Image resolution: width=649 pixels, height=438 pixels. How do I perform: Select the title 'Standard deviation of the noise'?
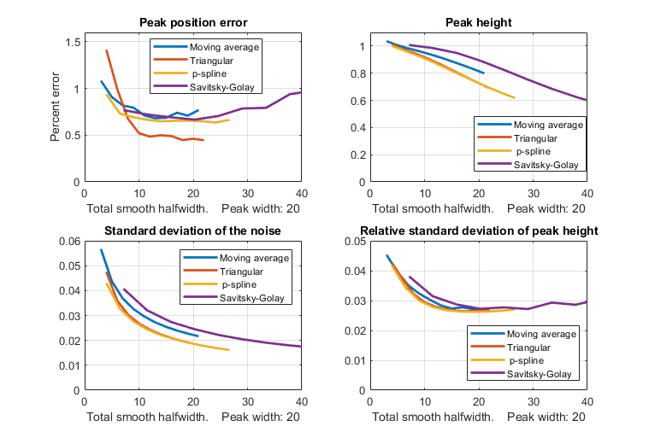[192, 231]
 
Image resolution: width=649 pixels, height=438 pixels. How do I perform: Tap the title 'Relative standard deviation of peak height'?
[478, 231]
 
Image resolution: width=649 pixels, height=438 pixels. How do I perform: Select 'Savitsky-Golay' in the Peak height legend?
[542, 164]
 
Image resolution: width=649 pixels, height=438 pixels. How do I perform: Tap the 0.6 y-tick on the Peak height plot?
[358, 100]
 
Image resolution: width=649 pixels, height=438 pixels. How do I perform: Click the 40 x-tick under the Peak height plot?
[587, 193]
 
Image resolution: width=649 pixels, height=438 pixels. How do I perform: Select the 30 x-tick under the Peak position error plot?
[247, 193]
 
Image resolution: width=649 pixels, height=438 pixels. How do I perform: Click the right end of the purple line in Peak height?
[587, 100]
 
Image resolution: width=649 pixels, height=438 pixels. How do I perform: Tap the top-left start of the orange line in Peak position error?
[106, 50]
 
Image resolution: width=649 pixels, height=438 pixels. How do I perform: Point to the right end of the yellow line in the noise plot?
[228, 350]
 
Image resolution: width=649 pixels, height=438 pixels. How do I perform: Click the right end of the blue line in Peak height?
[483, 73]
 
